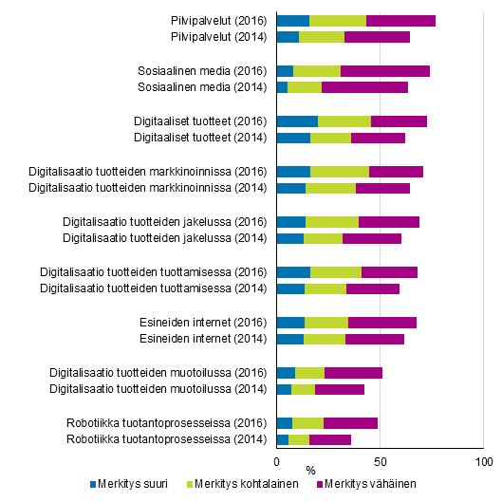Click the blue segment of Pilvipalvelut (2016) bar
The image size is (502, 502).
(292, 21)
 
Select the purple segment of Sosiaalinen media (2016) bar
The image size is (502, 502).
(385, 71)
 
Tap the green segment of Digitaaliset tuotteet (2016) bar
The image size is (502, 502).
(344, 121)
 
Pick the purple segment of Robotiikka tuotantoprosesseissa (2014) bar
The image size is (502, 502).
(330, 439)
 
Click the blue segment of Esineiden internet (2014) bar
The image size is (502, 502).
(290, 339)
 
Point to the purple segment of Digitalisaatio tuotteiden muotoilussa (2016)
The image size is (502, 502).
(353, 373)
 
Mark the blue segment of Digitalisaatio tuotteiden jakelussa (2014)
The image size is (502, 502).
(290, 238)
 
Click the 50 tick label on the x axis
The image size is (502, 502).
(380, 462)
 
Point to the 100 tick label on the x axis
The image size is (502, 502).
(483, 462)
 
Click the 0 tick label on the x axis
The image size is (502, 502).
(276, 462)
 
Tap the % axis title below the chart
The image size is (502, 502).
(310, 470)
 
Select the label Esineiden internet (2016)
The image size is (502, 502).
(204, 323)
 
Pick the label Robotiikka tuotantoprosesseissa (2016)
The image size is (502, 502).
(169, 423)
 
